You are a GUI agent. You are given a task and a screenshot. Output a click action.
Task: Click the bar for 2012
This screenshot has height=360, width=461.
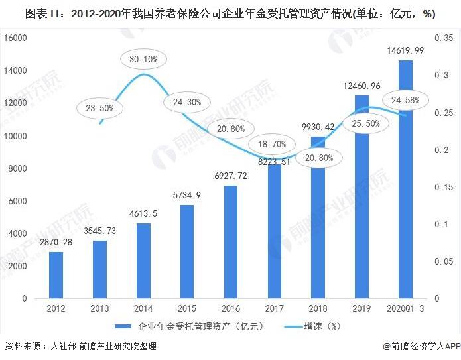click(x=56, y=274)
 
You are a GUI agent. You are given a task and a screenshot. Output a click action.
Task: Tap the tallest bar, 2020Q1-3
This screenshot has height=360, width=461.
click(x=405, y=179)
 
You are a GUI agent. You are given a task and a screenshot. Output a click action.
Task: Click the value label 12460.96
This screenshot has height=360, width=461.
click(x=362, y=86)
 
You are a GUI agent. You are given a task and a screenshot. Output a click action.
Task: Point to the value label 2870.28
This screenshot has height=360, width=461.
click(x=56, y=242)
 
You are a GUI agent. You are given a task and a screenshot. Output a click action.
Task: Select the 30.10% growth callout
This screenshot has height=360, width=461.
click(x=143, y=59)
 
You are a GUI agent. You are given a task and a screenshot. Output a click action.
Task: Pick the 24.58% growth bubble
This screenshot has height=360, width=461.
click(x=405, y=100)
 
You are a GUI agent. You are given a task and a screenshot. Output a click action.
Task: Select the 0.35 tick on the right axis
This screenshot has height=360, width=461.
click(x=443, y=38)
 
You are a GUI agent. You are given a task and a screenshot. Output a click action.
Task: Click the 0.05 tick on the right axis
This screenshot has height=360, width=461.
click(x=443, y=261)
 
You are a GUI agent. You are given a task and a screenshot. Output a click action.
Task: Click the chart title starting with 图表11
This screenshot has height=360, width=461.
click(x=230, y=14)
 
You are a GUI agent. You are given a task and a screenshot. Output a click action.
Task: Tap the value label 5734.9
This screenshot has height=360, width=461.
click(x=187, y=196)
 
